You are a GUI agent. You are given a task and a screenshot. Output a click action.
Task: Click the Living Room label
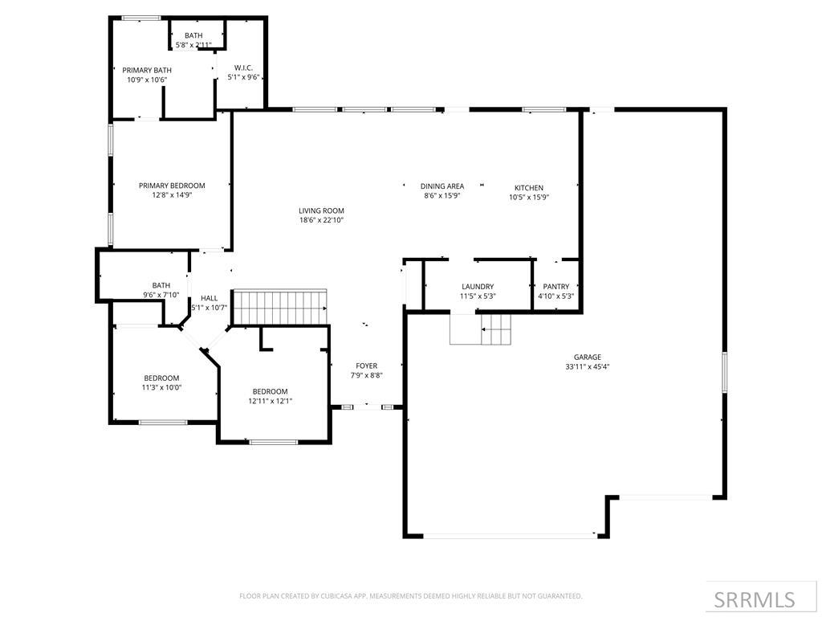[321, 210]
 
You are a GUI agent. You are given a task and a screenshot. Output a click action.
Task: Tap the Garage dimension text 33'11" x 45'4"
[587, 367]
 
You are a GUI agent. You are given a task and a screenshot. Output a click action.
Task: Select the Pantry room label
[555, 287]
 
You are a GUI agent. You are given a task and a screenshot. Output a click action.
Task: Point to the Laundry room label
[478, 287]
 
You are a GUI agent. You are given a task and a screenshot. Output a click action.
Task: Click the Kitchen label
[528, 187]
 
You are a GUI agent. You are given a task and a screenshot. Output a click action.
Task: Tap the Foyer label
[366, 366]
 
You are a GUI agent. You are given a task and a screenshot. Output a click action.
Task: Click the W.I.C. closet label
[243, 67]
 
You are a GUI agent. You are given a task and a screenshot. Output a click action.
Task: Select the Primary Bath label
[147, 71]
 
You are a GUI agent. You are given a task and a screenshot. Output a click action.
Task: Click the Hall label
[209, 298]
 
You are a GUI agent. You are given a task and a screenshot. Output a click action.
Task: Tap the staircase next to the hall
[280, 307]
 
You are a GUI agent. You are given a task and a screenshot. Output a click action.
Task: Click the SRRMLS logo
[755, 599]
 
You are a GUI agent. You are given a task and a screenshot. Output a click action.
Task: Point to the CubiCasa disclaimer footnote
[410, 596]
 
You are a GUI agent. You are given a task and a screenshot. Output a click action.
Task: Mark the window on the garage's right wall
[724, 372]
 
